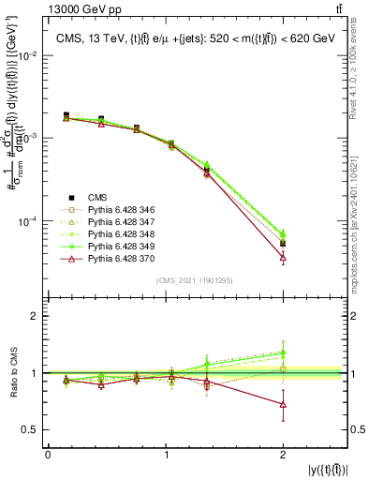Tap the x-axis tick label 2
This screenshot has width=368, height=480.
pos(283,455)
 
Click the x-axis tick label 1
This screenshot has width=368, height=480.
pos(166,455)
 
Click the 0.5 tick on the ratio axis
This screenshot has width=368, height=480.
pos(32,429)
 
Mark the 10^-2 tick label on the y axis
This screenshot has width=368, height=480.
pos(28,55)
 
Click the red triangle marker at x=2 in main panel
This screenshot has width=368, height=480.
pos(283,257)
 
